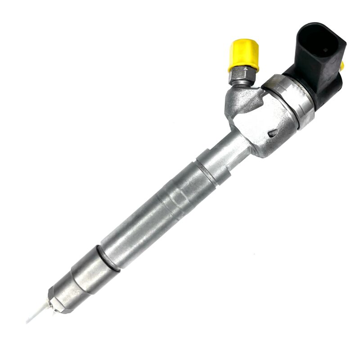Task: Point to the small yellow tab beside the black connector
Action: point(342,66)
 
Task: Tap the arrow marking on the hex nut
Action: point(247,72)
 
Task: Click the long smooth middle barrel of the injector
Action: point(148,220)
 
